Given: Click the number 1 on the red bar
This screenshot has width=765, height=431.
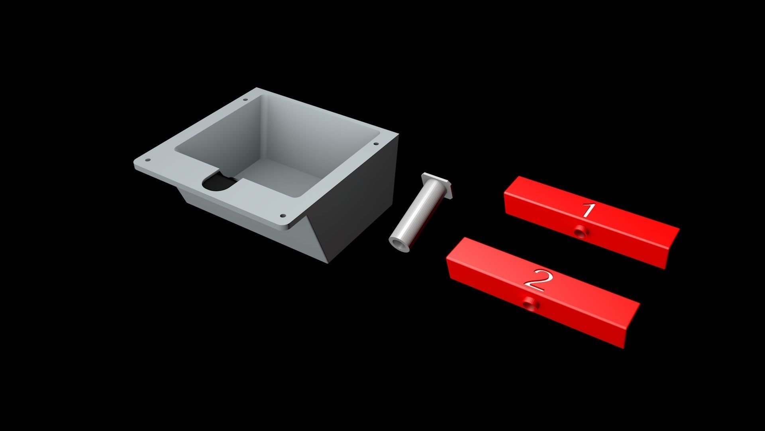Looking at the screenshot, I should point(587,210).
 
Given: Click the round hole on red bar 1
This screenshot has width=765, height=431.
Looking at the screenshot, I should point(579,230).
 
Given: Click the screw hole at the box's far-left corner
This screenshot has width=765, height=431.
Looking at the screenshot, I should point(148,160).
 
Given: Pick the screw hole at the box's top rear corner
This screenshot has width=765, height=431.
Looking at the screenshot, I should point(245,100).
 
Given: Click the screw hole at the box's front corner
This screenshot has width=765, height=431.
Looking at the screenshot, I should point(283,216).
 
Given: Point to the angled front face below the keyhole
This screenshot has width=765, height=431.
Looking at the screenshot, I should point(239,215).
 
